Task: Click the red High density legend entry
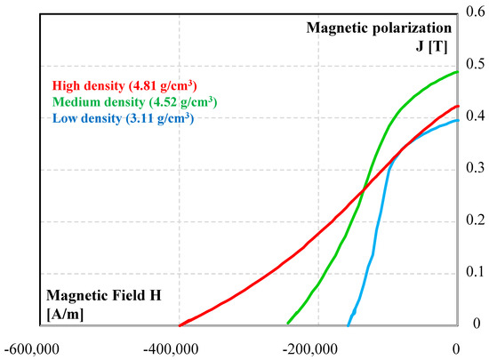pyautogui.click(x=124, y=86)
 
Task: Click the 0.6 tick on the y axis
pyautogui.click(x=476, y=13)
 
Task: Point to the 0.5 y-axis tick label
pyautogui.click(x=476, y=65)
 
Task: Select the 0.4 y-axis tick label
pyautogui.click(x=476, y=116)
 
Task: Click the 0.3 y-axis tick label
pyautogui.click(x=476, y=168)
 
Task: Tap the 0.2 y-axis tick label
pyautogui.click(x=476, y=220)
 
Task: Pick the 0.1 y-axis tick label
pyautogui.click(x=476, y=271)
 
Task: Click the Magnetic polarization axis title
pyautogui.click(x=380, y=28)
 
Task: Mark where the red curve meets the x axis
pyautogui.click(x=179, y=324)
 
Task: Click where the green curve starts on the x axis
pyautogui.click(x=287, y=324)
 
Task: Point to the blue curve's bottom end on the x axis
pyautogui.click(x=348, y=324)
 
